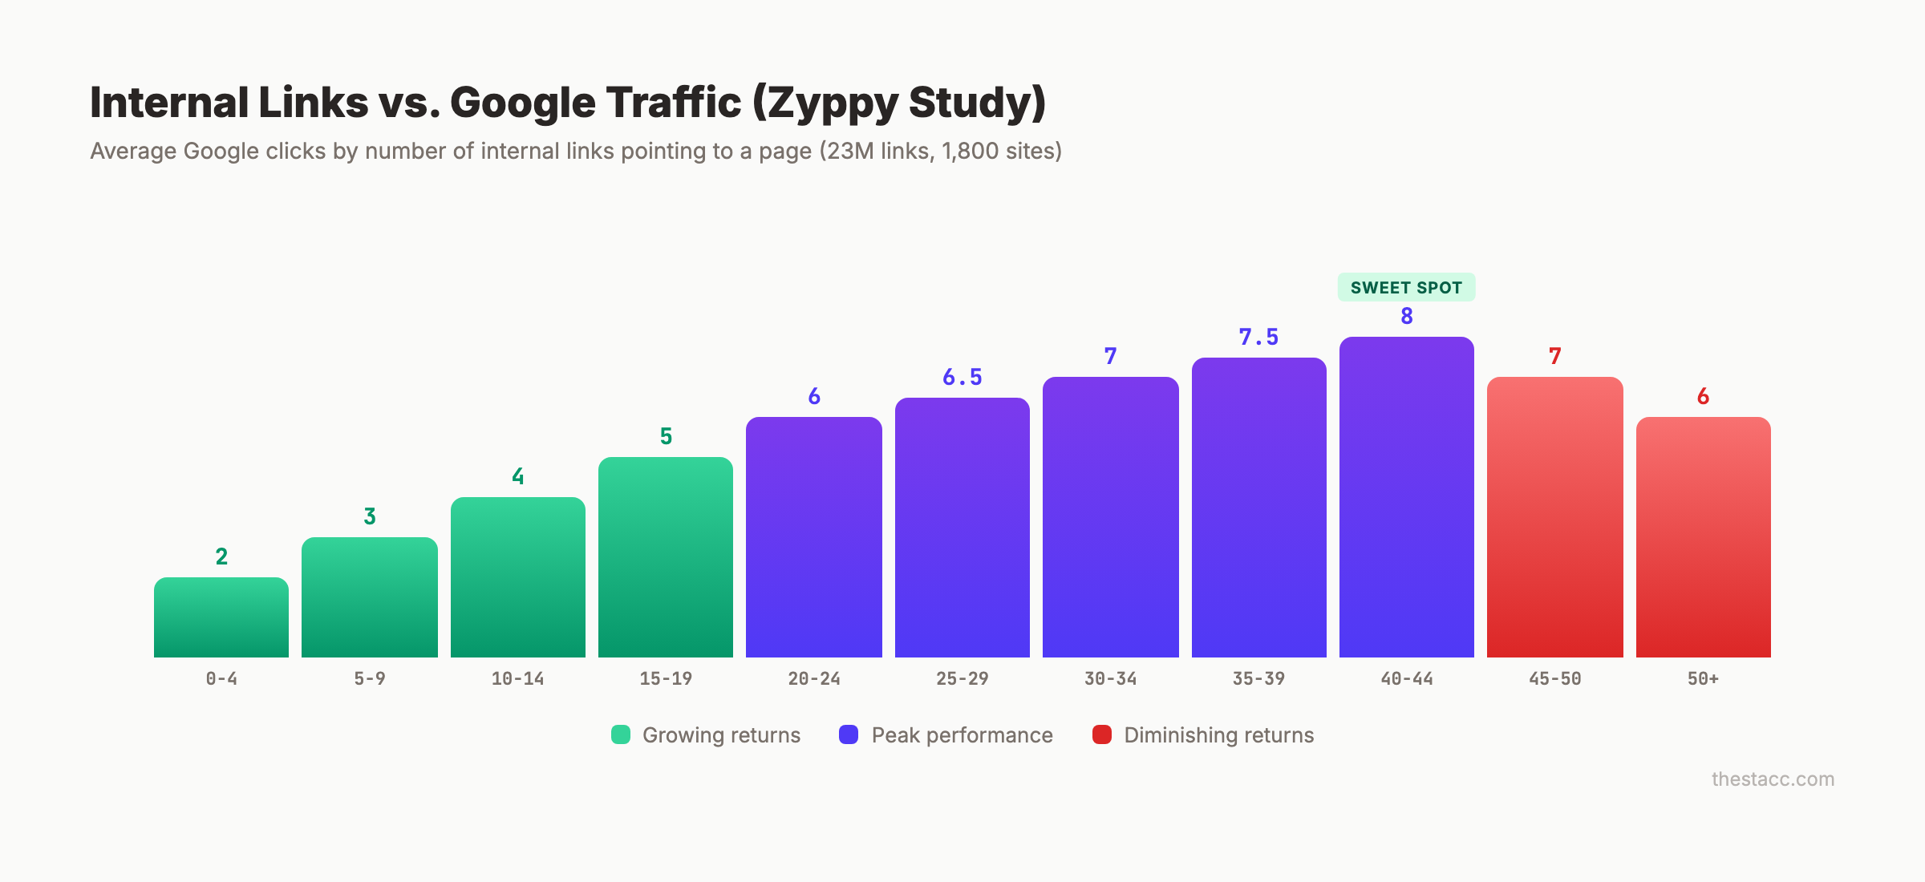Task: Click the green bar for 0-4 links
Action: tap(221, 617)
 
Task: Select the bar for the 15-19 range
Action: tap(666, 557)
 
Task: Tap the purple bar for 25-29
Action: tap(962, 528)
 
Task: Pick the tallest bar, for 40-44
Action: tap(1407, 497)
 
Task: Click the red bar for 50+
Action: tap(1703, 537)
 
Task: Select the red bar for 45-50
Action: tap(1554, 517)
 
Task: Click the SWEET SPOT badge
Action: tap(1406, 287)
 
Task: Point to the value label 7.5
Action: tap(1258, 337)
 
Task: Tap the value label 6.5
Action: tap(962, 377)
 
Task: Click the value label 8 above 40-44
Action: tap(1407, 316)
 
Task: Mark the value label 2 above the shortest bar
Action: tap(221, 556)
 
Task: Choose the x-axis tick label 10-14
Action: tap(517, 679)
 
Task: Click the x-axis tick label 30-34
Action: tap(1110, 679)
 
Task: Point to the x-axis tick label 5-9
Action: tap(370, 679)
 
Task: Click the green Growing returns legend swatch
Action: tap(621, 734)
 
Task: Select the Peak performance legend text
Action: tap(962, 735)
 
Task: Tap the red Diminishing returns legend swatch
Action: tap(1102, 734)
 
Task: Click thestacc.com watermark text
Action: tap(1773, 779)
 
